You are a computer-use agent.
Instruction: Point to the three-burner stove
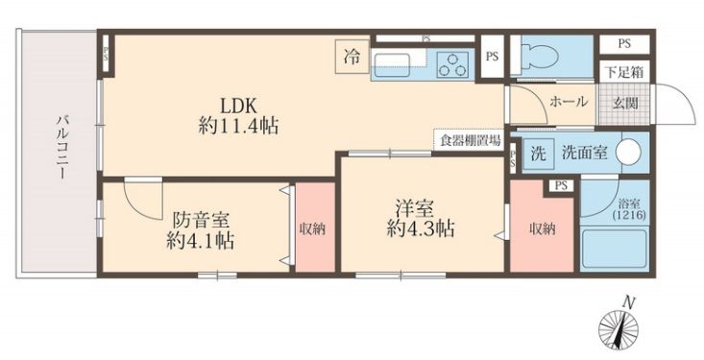click(450, 64)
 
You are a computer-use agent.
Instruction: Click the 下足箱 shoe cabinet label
click(623, 71)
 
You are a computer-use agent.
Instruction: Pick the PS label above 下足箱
click(623, 44)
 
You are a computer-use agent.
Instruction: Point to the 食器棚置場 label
click(470, 140)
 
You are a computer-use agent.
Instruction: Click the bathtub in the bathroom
click(618, 253)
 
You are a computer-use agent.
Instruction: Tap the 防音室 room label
click(201, 219)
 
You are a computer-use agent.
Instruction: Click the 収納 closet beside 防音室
click(312, 228)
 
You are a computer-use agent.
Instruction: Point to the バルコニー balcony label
click(60, 149)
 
